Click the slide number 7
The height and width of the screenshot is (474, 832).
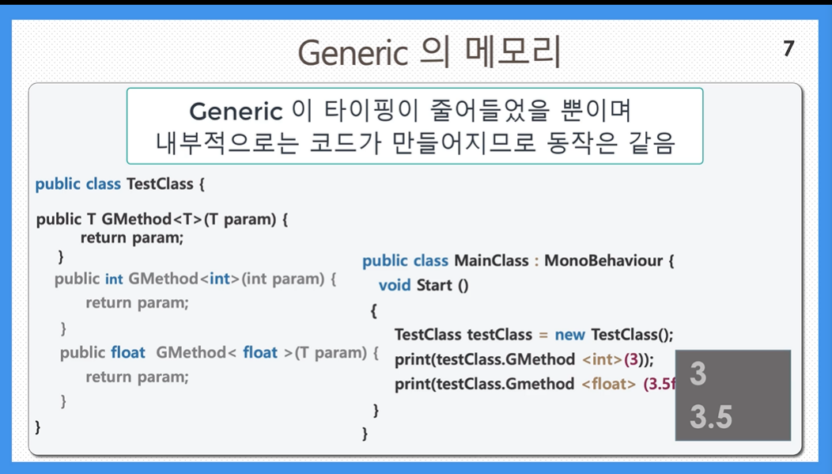click(789, 49)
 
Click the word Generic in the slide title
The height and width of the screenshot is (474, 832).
click(353, 53)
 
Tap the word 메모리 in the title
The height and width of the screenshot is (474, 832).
click(512, 52)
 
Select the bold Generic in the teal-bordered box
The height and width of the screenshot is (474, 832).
click(236, 112)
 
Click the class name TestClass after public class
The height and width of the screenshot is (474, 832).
click(160, 184)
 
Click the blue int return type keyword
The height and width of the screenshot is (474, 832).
click(114, 279)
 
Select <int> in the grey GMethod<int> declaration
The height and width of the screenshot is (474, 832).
click(219, 279)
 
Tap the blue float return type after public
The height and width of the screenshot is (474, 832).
click(128, 352)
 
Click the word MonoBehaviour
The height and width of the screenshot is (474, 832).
click(603, 260)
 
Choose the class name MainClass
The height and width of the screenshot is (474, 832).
click(491, 260)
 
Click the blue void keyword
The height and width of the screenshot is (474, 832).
click(395, 286)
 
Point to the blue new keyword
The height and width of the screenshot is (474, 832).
click(570, 335)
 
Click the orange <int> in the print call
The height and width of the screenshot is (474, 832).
click(602, 359)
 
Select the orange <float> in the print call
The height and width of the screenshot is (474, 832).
click(609, 384)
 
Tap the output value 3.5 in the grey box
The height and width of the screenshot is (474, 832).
click(711, 416)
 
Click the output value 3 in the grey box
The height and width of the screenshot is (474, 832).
click(698, 374)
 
